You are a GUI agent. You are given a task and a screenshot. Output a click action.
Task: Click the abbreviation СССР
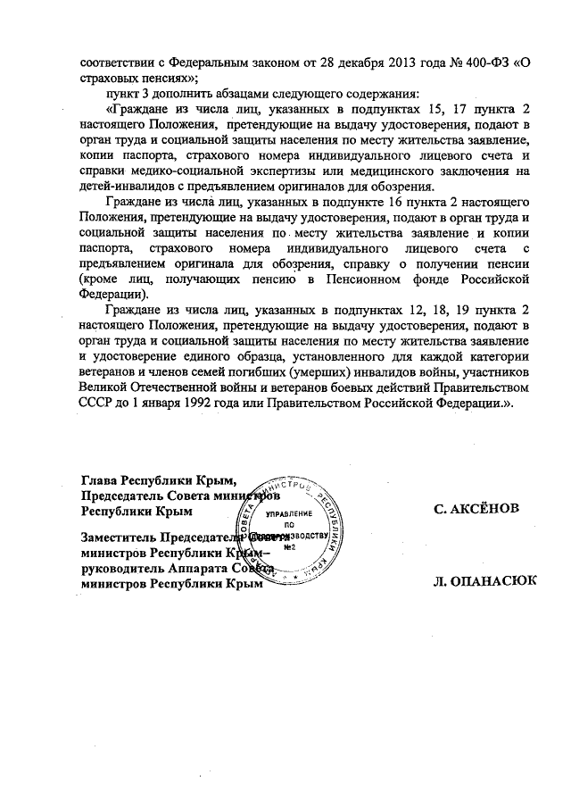(x=100, y=407)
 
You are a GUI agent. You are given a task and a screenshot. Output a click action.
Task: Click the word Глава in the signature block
(x=99, y=480)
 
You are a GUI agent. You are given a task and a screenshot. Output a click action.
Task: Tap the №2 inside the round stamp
(x=288, y=547)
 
